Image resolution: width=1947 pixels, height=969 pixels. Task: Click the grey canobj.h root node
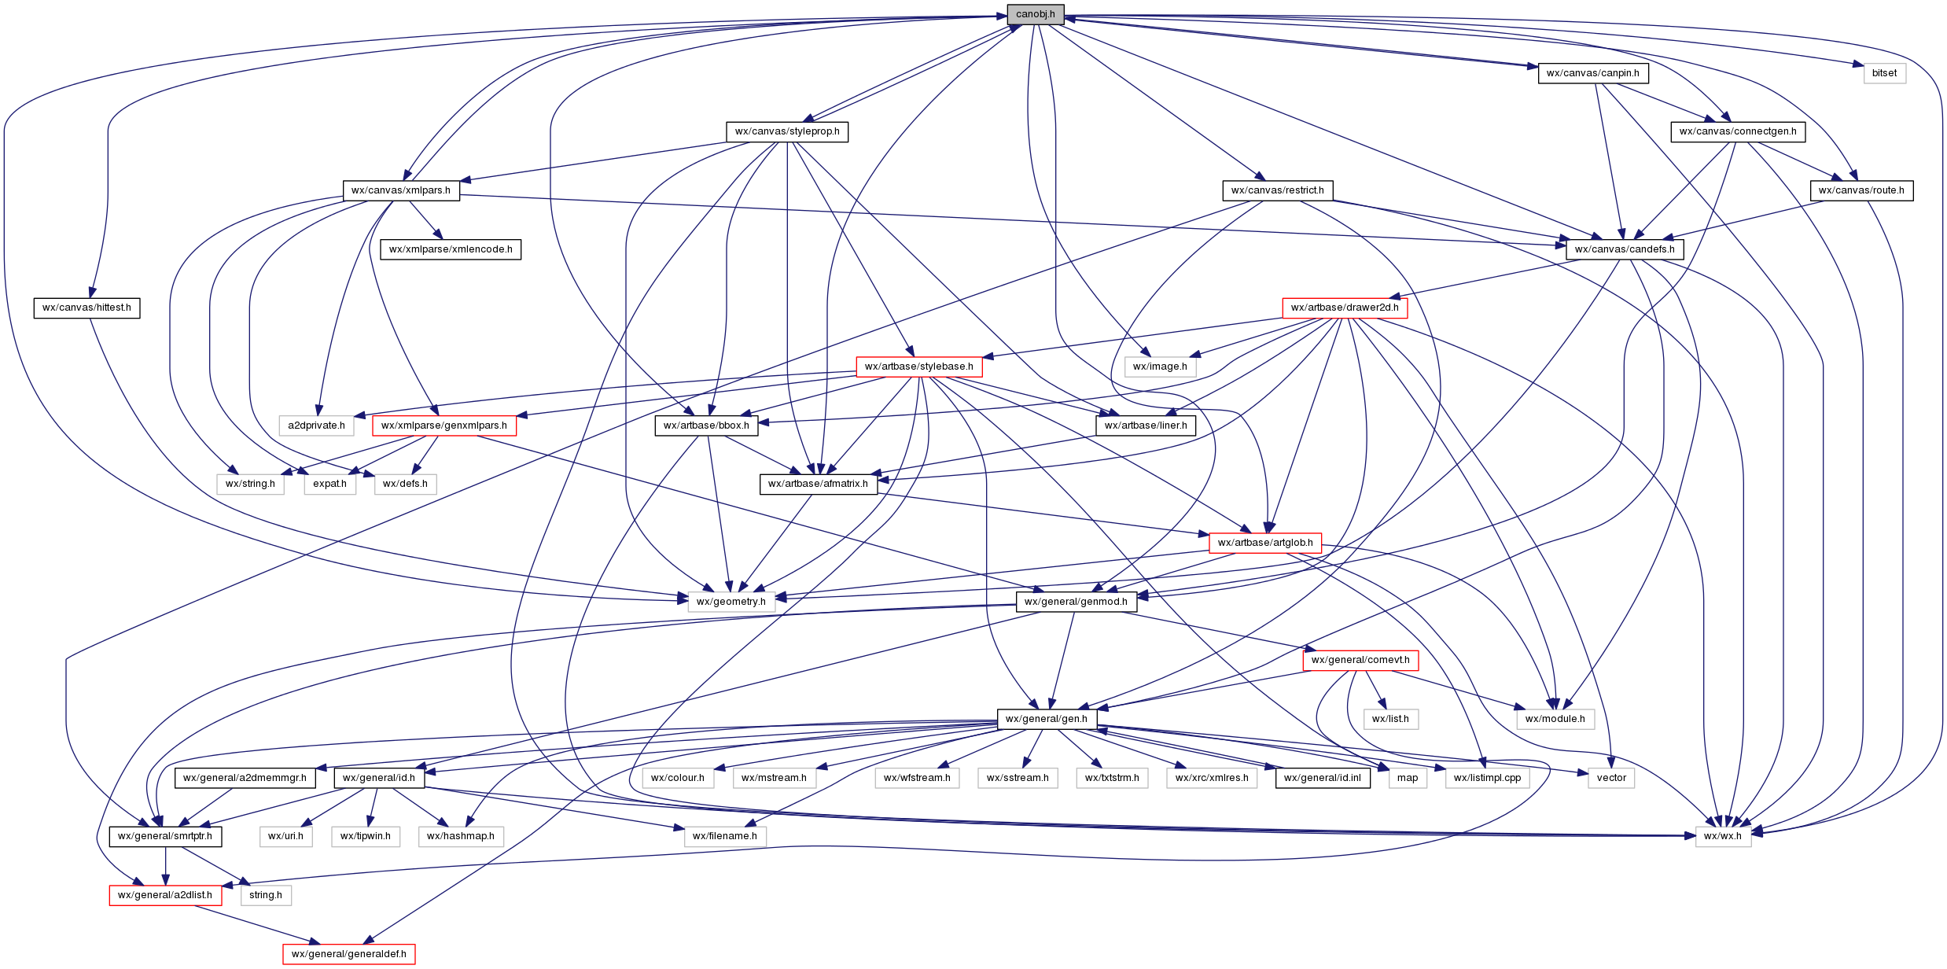tap(1035, 14)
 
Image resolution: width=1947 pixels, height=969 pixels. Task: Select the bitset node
tap(1884, 73)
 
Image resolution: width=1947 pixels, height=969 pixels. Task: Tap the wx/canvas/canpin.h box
tap(1592, 73)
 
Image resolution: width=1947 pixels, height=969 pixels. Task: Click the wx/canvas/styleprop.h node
tap(786, 131)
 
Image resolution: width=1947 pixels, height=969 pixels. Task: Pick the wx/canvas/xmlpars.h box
tap(400, 190)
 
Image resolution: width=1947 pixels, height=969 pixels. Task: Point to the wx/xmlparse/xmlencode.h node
tap(451, 249)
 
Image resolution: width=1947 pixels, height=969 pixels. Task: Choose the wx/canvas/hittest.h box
tap(86, 308)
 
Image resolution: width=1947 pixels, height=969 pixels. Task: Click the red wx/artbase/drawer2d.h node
tap(1344, 308)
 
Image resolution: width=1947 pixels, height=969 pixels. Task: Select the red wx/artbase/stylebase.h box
tap(918, 367)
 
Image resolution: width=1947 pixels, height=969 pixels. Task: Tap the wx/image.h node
tap(1160, 367)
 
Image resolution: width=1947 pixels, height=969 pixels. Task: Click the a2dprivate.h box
tap(316, 426)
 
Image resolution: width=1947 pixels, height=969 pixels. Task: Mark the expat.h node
tap(329, 484)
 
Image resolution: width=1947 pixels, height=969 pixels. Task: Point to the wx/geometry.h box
tap(731, 602)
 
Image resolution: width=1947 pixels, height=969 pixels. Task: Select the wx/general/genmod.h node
tap(1076, 602)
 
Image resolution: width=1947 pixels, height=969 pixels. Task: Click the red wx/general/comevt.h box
tap(1360, 660)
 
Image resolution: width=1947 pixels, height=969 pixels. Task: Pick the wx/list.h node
tap(1389, 719)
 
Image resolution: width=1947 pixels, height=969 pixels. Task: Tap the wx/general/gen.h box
tap(1046, 719)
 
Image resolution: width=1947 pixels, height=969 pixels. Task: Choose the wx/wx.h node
tap(1722, 836)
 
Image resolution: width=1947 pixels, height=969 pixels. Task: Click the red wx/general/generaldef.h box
tap(348, 954)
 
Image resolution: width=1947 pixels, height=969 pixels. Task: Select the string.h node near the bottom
tap(265, 895)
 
